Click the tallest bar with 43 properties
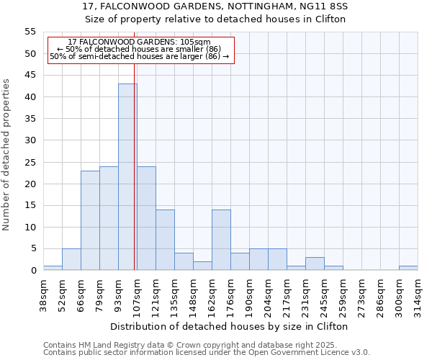coord(127,176)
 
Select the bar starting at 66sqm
coord(90,220)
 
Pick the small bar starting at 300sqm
coord(408,268)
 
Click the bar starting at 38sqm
coord(53,268)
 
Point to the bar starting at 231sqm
coord(315,264)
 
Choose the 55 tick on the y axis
coord(30,32)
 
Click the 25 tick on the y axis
coord(30,162)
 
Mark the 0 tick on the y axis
coord(33,271)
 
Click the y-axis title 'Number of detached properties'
coord(6,155)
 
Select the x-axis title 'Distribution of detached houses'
coord(230,326)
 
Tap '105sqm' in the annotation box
coord(194,42)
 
